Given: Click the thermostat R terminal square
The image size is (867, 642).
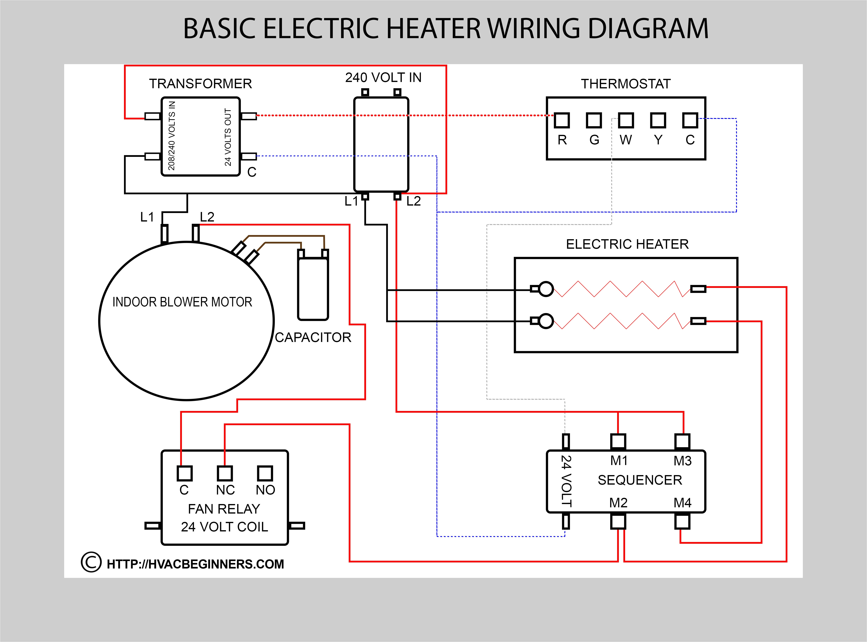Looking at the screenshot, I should tap(562, 120).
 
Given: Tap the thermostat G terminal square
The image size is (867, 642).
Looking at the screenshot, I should tap(594, 120).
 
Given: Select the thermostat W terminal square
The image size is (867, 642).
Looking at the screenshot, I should tap(626, 120).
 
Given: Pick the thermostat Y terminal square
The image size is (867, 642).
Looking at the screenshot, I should tap(658, 120).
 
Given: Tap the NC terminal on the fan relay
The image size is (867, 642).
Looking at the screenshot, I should tap(225, 473).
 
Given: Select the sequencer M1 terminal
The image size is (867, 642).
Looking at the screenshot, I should tap(618, 441).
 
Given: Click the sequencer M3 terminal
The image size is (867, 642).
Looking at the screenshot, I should tap(682, 441).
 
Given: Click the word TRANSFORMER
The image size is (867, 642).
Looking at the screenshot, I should tap(200, 84).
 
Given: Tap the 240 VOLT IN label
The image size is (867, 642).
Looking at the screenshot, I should tap(383, 78).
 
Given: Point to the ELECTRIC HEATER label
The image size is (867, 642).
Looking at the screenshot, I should tap(627, 244).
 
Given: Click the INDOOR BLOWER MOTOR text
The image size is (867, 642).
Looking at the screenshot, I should tap(182, 302).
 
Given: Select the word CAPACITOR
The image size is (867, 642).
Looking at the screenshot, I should tap(313, 337).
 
